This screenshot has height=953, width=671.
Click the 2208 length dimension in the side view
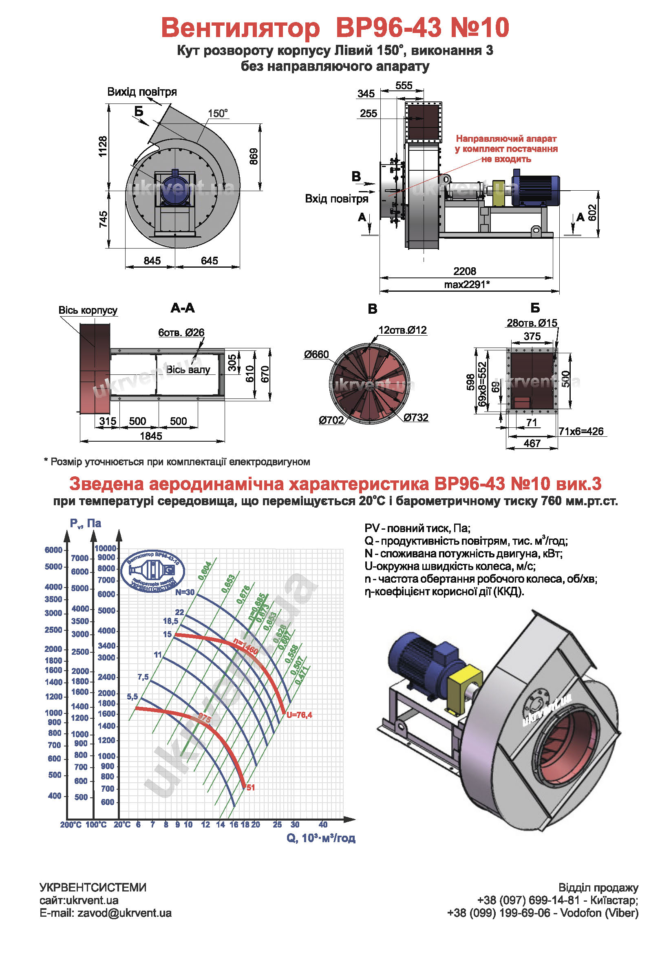pos(464,271)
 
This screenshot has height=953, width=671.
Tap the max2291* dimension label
pos(466,284)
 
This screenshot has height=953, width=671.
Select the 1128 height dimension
pos(103,146)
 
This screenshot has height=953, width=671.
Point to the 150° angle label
pos(218,113)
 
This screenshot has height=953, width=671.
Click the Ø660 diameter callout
pos(316,354)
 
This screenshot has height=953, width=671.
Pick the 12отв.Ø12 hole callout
pos(402,330)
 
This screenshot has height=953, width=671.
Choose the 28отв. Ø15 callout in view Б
pos(532,323)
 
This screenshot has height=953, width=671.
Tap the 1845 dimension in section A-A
pos(151,436)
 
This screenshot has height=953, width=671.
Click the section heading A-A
pos(182,308)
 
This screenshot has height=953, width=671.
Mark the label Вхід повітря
pos(336,199)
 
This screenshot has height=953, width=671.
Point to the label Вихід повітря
pos(142,92)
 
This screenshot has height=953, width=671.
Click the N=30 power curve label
pos(184,592)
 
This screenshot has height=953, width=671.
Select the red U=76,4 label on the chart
pos(299,715)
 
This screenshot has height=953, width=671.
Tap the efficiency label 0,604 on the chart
pos(205,571)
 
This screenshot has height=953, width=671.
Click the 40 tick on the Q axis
pos(322,824)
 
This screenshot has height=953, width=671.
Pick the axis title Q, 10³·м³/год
pos(320,838)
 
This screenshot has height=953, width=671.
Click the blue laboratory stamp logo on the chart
pos(152,571)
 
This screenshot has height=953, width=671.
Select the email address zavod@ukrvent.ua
pos(124,913)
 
